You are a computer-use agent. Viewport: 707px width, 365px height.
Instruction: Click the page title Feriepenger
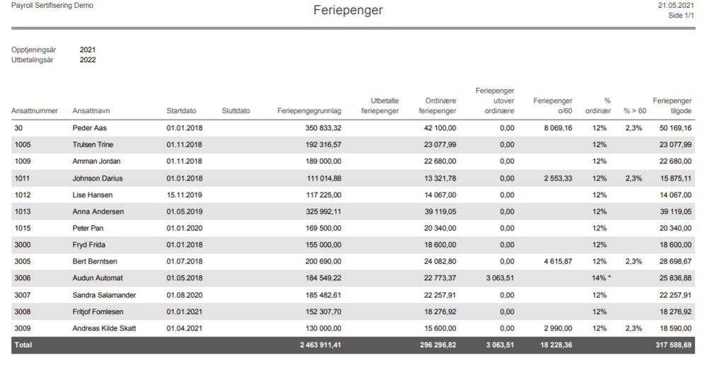pyautogui.click(x=348, y=11)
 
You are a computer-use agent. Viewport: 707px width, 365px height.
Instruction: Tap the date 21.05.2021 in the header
pyautogui.click(x=676, y=6)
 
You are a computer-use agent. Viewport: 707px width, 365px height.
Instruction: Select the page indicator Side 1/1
pyautogui.click(x=682, y=16)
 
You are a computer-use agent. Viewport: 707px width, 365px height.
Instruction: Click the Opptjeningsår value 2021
pyautogui.click(x=88, y=50)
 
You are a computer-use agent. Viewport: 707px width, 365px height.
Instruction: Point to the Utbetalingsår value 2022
pyautogui.click(x=88, y=59)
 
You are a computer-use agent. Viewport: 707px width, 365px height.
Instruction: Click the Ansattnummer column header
pyautogui.click(x=35, y=111)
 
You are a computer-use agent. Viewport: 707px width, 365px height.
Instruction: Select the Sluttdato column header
pyautogui.click(x=236, y=111)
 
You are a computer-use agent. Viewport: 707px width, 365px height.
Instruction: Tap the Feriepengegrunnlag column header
pyautogui.click(x=309, y=111)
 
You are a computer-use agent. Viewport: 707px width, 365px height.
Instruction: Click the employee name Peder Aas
pyautogui.click(x=90, y=128)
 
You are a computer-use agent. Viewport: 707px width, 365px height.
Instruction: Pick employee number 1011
pyautogui.click(x=22, y=178)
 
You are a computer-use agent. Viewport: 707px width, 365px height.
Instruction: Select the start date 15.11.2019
pyautogui.click(x=185, y=195)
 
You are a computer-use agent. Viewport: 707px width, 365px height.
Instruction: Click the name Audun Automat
pyautogui.click(x=98, y=278)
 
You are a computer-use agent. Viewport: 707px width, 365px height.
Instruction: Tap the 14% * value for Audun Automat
pyautogui.click(x=602, y=278)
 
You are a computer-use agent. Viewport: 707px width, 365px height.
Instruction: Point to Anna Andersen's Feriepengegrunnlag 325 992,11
pyautogui.click(x=323, y=212)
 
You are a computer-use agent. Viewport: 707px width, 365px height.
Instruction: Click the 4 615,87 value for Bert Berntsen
pyautogui.click(x=558, y=261)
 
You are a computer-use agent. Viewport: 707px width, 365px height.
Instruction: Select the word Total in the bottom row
pyautogui.click(x=23, y=344)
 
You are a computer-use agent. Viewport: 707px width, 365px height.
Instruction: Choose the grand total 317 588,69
pyautogui.click(x=674, y=344)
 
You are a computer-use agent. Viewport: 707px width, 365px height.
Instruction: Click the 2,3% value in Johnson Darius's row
pyautogui.click(x=633, y=178)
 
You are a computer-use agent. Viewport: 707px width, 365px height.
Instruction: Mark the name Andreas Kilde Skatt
pyautogui.click(x=104, y=328)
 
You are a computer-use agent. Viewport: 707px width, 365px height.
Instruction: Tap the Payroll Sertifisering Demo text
pyautogui.click(x=52, y=6)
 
